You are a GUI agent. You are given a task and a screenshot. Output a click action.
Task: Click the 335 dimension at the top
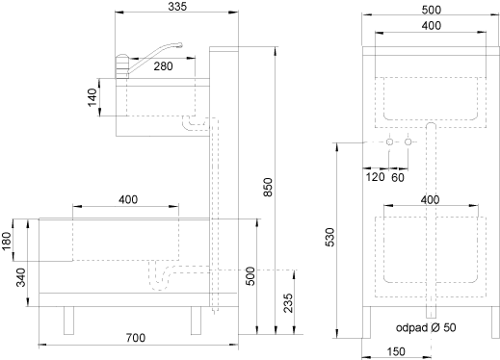177,7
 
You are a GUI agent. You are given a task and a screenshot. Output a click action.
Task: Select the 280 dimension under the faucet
163,66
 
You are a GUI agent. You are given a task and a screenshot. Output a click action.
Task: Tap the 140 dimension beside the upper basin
92,97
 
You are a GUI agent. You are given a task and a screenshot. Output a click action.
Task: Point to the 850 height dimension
268,187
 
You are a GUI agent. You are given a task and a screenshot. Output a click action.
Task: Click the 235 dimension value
288,303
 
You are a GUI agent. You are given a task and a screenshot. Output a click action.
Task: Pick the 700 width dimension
136,338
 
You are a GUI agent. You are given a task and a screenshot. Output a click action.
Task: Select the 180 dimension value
7,241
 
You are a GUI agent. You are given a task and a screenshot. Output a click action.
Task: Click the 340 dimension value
21,277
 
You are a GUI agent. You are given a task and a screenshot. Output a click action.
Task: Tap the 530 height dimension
329,238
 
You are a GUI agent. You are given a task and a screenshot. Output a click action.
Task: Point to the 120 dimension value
375,177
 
